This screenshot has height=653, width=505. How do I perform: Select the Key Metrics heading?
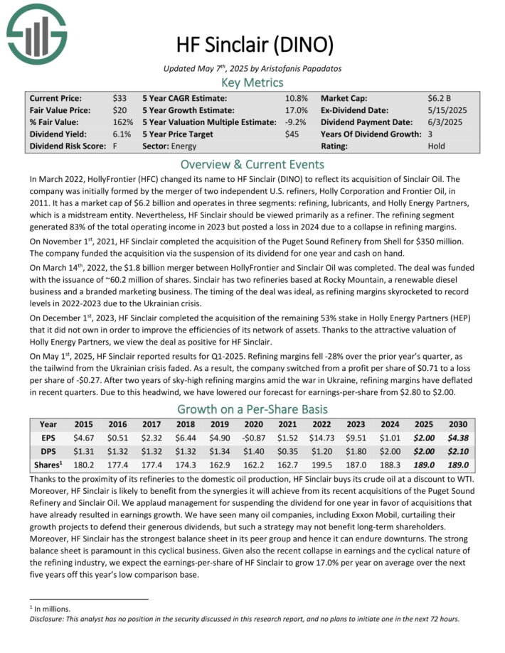(253, 83)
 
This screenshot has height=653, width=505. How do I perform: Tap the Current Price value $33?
(119, 98)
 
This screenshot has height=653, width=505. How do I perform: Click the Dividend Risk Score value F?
(115, 146)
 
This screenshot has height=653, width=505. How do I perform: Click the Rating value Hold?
(436, 146)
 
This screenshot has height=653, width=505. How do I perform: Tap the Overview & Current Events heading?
(253, 163)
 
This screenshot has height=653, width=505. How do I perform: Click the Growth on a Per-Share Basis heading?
(253, 409)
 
